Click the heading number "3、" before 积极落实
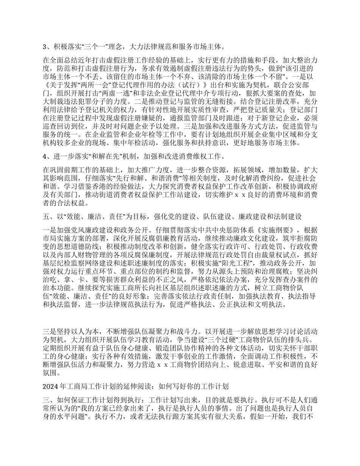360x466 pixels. click(47, 47)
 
